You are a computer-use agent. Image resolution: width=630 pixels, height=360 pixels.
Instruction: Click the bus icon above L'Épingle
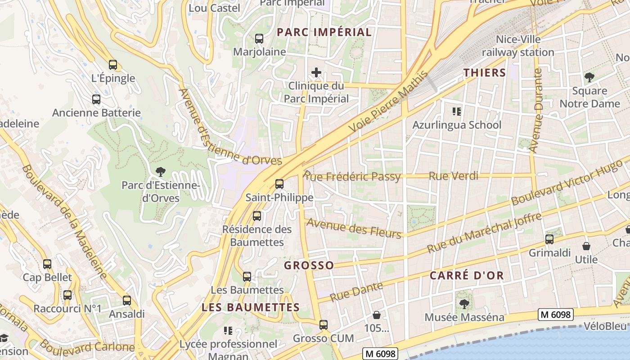(x=113, y=65)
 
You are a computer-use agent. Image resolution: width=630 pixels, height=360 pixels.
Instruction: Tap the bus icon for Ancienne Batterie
(x=96, y=99)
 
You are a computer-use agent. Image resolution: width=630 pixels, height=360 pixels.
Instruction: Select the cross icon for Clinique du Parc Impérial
(x=316, y=72)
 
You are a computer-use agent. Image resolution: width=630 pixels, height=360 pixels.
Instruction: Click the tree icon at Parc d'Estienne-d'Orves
(x=160, y=171)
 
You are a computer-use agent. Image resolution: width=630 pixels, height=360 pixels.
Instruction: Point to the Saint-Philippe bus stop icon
(x=279, y=184)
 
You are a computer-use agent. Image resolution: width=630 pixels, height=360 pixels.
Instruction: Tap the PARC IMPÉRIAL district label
(x=324, y=32)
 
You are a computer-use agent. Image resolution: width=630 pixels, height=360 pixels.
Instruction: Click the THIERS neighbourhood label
(x=485, y=72)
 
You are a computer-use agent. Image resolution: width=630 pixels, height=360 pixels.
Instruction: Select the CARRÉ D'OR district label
(x=467, y=275)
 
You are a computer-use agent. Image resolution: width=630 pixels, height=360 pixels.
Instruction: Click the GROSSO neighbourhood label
(x=309, y=265)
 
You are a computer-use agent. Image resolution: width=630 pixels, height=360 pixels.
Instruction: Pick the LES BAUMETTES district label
(x=251, y=307)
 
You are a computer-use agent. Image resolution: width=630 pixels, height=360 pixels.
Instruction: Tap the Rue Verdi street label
(x=453, y=176)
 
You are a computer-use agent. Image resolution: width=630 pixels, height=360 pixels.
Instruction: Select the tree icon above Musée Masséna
(x=464, y=304)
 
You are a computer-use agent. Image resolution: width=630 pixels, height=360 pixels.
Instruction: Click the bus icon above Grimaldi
(x=549, y=239)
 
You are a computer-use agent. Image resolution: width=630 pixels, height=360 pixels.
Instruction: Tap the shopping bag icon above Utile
(x=586, y=246)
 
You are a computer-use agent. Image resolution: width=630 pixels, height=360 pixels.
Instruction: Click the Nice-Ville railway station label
(x=518, y=46)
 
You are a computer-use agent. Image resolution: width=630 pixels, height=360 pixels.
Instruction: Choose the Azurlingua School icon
(x=457, y=111)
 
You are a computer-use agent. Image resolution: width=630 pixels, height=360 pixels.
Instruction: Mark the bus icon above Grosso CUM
(x=324, y=324)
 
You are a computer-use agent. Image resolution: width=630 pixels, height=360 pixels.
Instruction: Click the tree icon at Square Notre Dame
(x=589, y=77)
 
